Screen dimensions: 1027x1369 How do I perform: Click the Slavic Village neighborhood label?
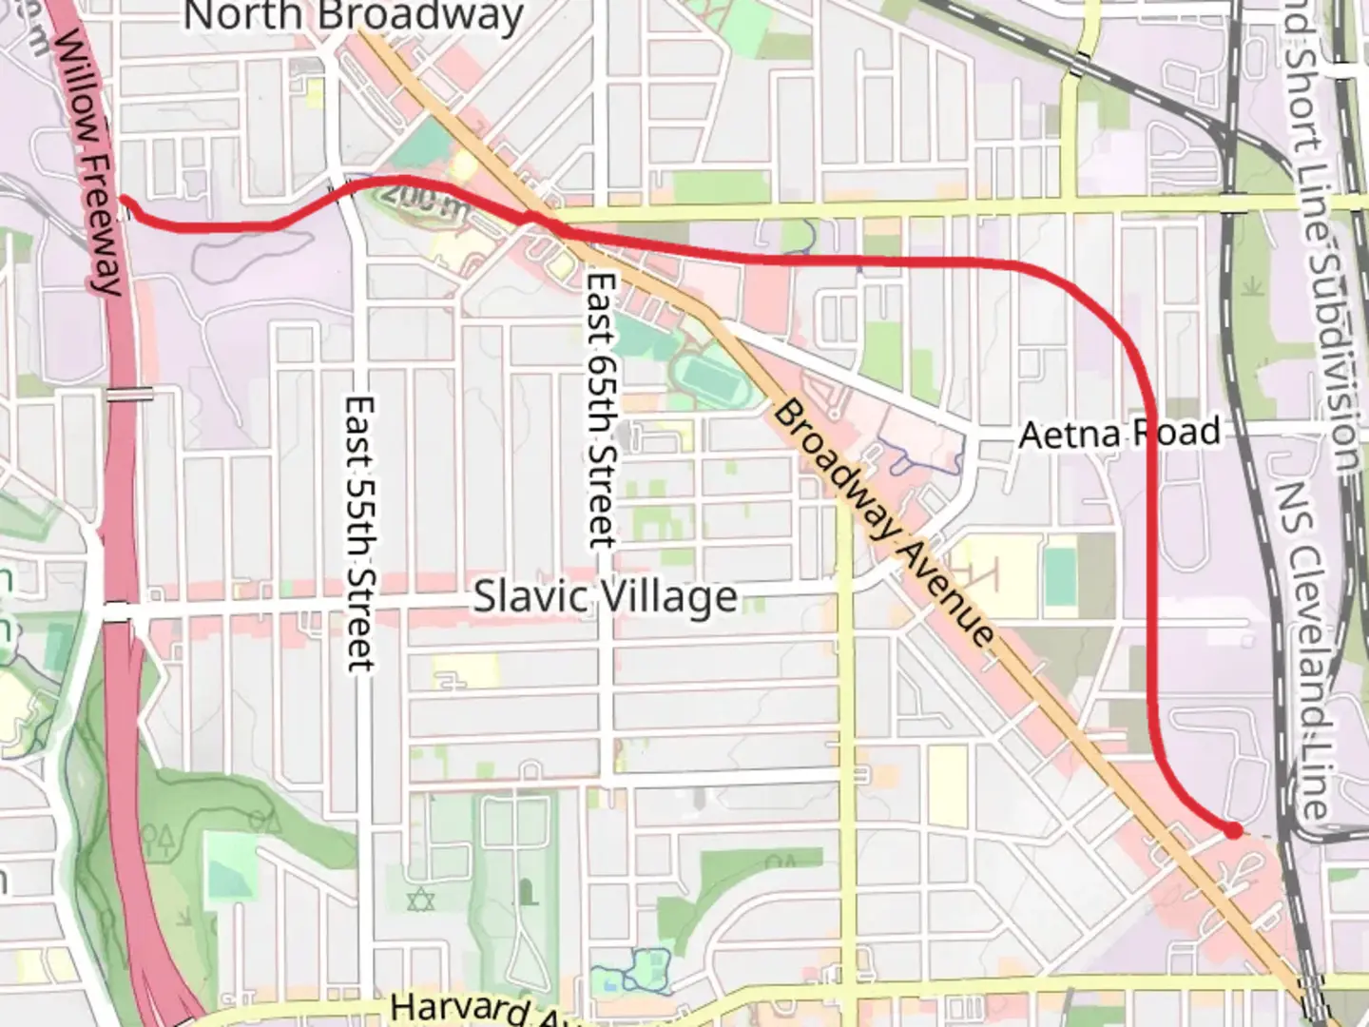pos(606,597)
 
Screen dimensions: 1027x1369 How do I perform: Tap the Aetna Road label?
pos(1119,434)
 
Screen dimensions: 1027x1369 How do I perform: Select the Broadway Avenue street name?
pos(883,524)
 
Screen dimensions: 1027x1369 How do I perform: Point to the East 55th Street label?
pos(359,533)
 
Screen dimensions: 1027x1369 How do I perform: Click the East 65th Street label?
pos(601,410)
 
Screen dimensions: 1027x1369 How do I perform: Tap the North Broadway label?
pos(353,16)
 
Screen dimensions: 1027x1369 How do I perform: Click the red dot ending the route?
pos(1233,830)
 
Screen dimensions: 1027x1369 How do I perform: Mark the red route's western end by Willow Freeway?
pos(124,199)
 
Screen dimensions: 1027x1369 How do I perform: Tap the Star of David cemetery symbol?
pos(419,898)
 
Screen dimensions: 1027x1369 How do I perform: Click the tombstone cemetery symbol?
pos(525,893)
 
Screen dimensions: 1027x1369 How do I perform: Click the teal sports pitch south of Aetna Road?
pos(1059,576)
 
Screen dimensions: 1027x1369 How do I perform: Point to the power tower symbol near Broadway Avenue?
pos(980,572)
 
